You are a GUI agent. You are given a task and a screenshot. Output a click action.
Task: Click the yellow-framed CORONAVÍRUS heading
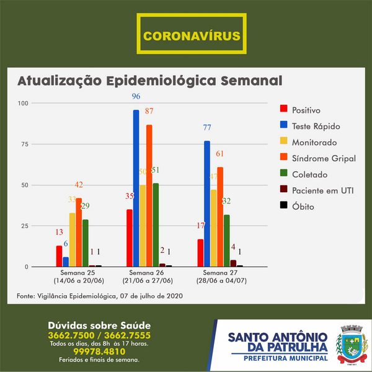click(x=192, y=36)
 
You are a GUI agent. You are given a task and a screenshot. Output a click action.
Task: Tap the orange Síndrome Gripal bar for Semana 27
click(x=220, y=217)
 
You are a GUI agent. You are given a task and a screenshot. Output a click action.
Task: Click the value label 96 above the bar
click(x=136, y=97)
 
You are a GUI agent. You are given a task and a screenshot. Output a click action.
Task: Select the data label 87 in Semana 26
click(x=149, y=112)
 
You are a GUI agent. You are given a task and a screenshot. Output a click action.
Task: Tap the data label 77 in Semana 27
click(x=207, y=128)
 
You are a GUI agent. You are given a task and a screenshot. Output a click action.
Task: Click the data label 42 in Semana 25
click(x=79, y=185)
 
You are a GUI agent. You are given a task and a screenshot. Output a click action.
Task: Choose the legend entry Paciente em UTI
click(x=314, y=190)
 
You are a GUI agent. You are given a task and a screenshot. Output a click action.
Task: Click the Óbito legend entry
click(x=303, y=206)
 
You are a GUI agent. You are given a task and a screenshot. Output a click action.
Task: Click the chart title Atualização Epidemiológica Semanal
click(x=149, y=81)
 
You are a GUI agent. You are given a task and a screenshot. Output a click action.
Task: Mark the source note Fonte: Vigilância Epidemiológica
click(x=99, y=296)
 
